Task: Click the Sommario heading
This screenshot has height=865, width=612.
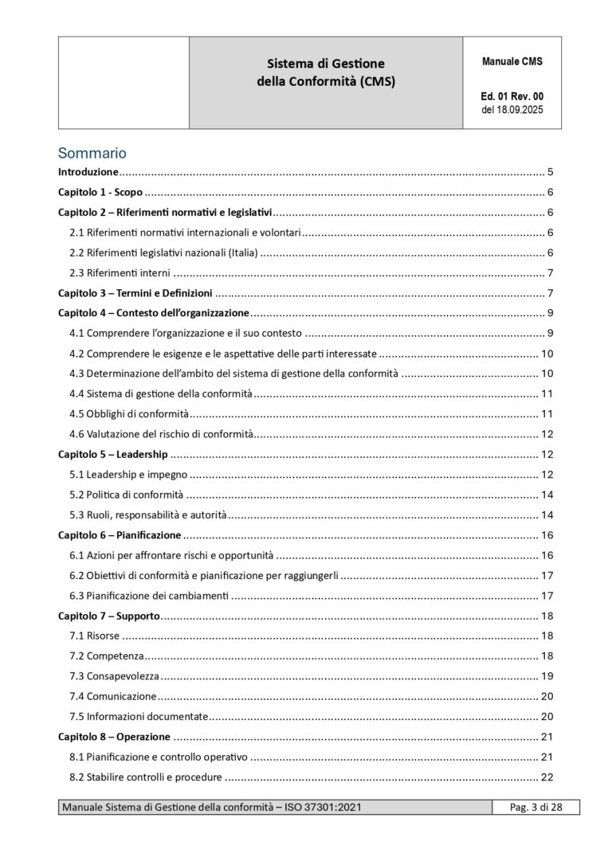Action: [92, 152]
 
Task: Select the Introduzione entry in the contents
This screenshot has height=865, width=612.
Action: [88, 172]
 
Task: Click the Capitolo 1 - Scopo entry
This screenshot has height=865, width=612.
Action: [100, 192]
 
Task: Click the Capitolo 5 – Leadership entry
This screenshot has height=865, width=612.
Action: [113, 454]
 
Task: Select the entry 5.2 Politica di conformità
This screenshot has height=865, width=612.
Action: [126, 495]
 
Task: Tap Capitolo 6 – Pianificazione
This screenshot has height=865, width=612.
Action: [120, 534]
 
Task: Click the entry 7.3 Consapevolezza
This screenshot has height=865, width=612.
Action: [113, 675]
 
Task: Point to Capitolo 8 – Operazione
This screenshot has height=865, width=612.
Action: [114, 736]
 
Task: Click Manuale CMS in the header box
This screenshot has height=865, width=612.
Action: [512, 61]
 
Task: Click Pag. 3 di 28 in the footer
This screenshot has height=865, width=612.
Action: [536, 808]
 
